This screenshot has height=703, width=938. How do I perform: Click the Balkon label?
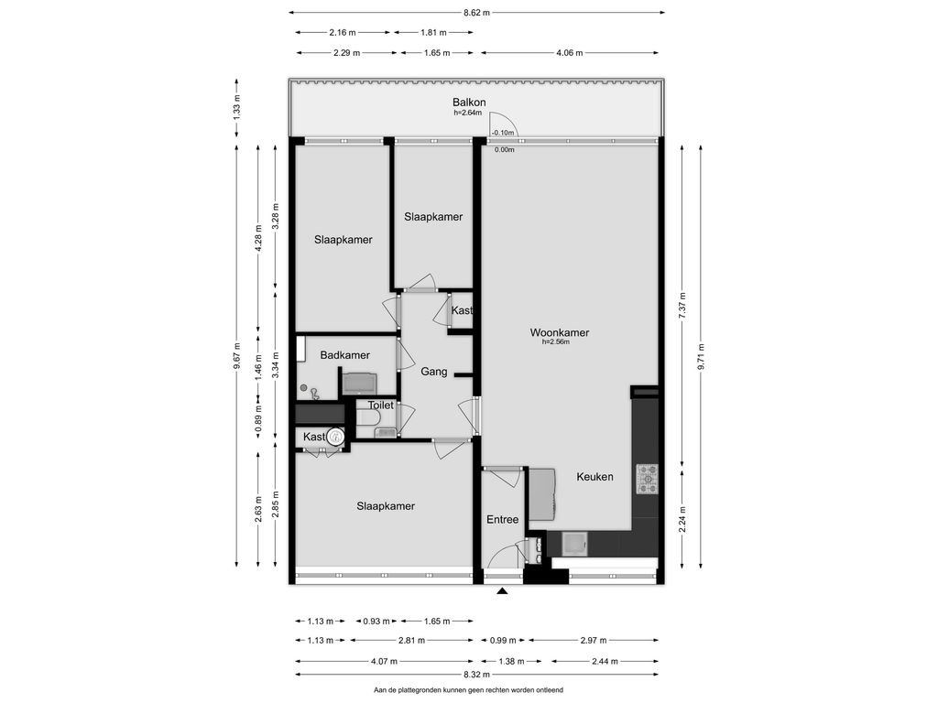click(469, 103)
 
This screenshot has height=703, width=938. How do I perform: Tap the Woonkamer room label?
click(560, 332)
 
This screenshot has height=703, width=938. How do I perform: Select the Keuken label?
click(594, 476)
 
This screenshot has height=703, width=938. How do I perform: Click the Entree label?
click(503, 520)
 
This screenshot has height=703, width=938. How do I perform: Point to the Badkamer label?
click(344, 355)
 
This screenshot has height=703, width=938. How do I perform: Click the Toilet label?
click(380, 406)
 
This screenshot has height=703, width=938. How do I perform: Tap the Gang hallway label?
click(433, 372)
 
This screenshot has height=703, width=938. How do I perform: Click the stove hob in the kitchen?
click(647, 479)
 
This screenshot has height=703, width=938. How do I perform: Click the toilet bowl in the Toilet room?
click(366, 417)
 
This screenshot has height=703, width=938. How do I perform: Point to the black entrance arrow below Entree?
click(503, 591)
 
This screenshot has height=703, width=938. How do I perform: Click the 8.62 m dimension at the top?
click(476, 12)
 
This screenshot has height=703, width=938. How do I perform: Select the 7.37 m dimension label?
click(682, 305)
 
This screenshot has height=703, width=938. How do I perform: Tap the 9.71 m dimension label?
click(701, 356)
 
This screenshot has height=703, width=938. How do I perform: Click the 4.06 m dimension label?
click(570, 52)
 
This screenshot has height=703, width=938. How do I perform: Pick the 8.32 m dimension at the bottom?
click(476, 675)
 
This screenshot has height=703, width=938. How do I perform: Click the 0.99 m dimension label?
click(503, 640)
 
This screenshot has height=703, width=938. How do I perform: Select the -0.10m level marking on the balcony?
click(503, 133)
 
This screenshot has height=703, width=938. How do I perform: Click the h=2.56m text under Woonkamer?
click(556, 342)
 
